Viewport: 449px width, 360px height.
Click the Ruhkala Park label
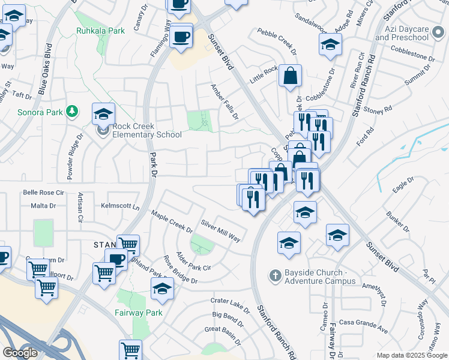point(100,31)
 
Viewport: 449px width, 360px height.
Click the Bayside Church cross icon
point(275,275)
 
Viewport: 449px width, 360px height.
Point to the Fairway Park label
point(139,313)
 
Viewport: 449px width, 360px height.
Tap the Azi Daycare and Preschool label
point(402,33)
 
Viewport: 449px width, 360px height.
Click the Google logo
point(20,352)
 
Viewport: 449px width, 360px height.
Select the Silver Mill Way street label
point(221,230)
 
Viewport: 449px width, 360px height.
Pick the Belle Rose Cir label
point(43,193)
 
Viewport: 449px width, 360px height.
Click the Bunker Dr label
point(398,221)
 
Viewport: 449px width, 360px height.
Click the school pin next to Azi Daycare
point(330,45)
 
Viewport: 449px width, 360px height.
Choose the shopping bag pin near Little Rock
point(290,76)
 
